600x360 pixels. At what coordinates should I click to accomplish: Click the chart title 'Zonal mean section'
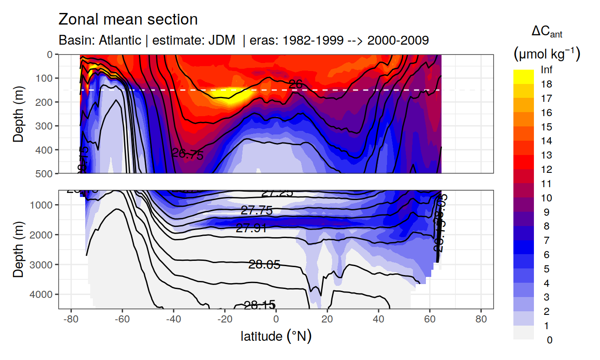coord(128,20)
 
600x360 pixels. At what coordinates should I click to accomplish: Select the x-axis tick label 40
coord(379,320)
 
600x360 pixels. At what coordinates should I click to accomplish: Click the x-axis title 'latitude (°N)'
coord(276,336)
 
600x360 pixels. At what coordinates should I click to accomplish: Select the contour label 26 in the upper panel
coord(296,84)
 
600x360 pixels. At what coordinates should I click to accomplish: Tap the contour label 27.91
coord(251,228)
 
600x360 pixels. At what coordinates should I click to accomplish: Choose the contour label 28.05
coord(264,264)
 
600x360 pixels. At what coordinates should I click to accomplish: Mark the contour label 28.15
coord(260,306)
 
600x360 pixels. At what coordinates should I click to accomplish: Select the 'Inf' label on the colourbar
coord(546,70)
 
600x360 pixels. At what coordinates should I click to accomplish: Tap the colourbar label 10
coord(546,198)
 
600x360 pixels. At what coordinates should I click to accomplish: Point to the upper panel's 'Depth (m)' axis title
coord(19,114)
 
